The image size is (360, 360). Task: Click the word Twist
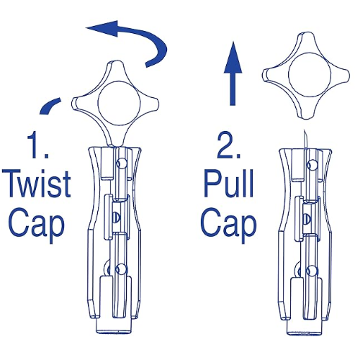click(x=37, y=184)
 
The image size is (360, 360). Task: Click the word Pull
click(x=229, y=184)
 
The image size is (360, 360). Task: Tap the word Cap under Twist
click(x=37, y=223)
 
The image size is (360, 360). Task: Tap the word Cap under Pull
click(x=228, y=223)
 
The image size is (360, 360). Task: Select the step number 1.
click(x=37, y=146)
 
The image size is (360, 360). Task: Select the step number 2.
click(x=229, y=146)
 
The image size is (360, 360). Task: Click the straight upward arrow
click(x=233, y=73)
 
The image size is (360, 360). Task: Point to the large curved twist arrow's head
click(x=102, y=29)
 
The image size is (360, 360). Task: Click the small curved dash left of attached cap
click(x=49, y=106)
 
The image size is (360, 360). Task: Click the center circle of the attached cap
click(x=120, y=104)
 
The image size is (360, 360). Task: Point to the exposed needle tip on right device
click(x=304, y=131)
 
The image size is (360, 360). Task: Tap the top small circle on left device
click(x=121, y=163)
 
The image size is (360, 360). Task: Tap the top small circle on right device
click(x=312, y=164)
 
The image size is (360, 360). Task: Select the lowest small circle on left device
click(x=120, y=269)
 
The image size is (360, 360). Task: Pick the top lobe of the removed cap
click(x=306, y=42)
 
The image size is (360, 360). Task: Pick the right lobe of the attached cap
click(x=150, y=104)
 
